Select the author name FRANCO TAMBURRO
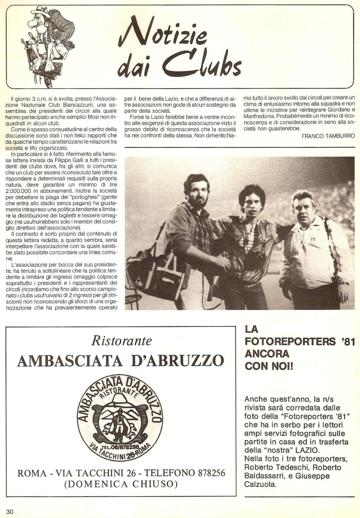click(328, 136)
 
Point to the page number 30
click(10, 512)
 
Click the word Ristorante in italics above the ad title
click(121, 341)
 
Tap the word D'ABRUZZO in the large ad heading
click(178, 361)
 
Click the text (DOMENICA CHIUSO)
click(121, 484)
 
